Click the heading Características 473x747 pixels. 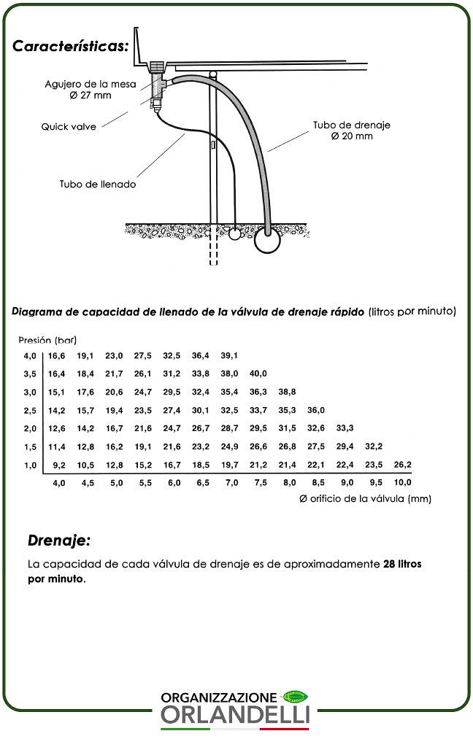tap(71, 46)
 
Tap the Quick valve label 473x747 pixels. tap(68, 126)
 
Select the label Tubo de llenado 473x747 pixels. tap(98, 184)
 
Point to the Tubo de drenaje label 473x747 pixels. tap(352, 125)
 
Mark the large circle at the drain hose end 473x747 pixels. tap(268, 241)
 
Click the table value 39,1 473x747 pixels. tap(229, 355)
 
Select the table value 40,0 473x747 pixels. tap(258, 373)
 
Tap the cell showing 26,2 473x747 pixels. tap(402, 465)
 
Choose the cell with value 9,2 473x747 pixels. tap(59, 465)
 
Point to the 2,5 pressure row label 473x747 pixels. tap(30, 410)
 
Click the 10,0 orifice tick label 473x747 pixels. tap(402, 482)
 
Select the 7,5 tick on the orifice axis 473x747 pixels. tap(260, 482)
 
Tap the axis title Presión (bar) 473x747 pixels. tap(47, 340)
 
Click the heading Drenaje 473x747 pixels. tap(59, 541)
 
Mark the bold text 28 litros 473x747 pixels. tap(402, 565)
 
